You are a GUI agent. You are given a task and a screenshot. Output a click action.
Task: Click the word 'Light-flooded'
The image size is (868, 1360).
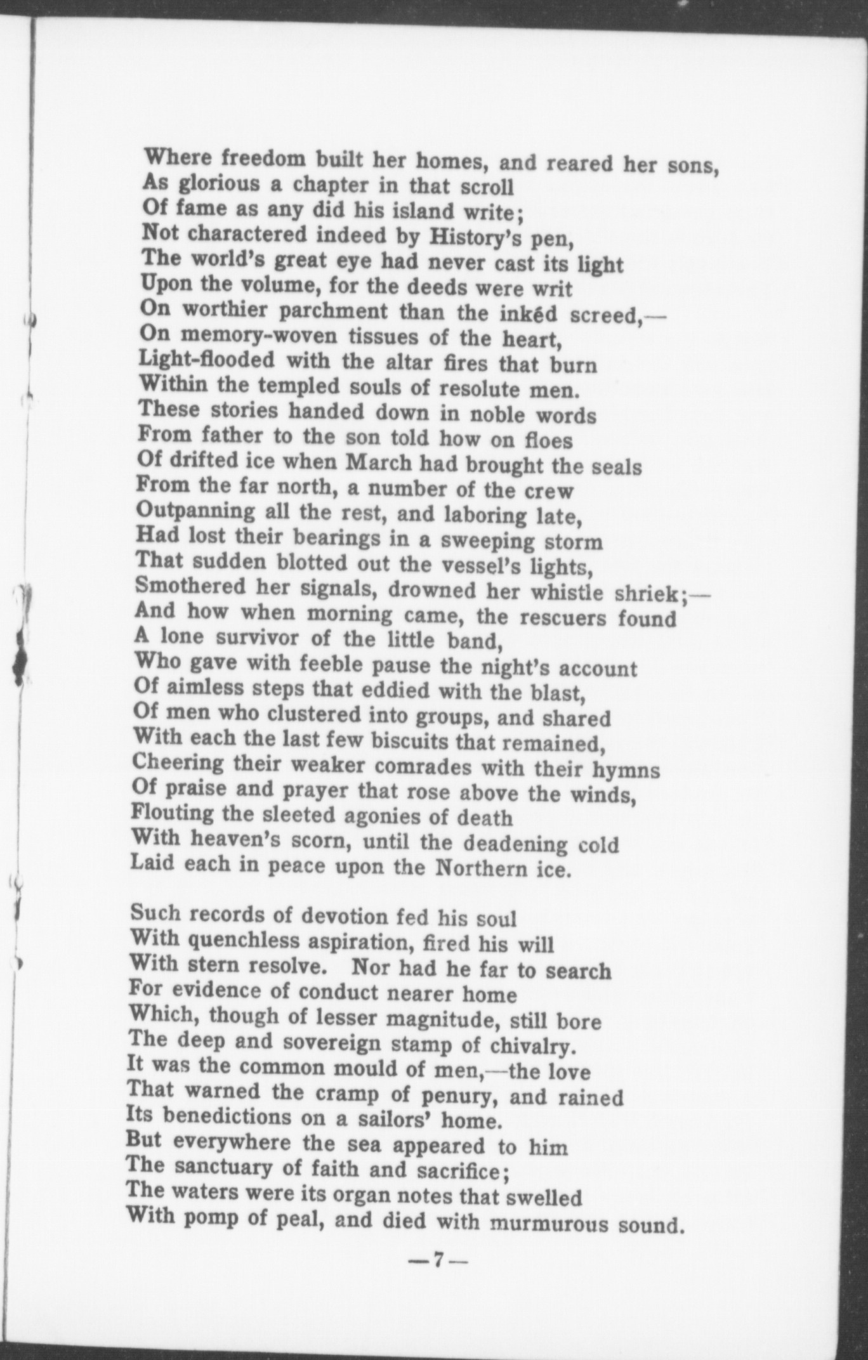pyautogui.click(x=207, y=360)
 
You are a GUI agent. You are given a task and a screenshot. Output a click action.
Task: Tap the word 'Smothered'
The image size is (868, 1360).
pyautogui.click(x=190, y=586)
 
